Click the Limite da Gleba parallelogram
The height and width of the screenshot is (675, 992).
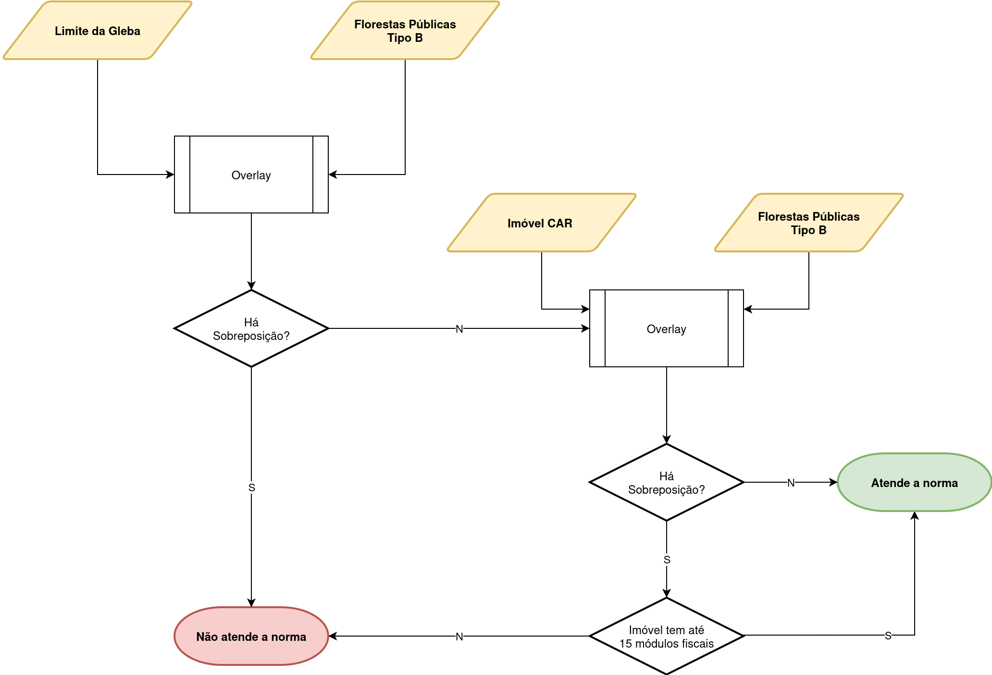[98, 31]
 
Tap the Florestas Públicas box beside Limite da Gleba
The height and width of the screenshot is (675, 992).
[405, 31]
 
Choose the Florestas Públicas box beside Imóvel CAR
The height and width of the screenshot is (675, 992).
[809, 223]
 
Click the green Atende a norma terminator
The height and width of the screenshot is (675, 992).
[914, 483]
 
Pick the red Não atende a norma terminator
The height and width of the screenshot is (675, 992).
[251, 637]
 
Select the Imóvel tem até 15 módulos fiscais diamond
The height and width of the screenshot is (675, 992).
[667, 636]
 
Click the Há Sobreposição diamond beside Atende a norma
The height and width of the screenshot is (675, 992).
[667, 482]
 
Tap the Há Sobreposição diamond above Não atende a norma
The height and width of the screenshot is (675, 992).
[251, 328]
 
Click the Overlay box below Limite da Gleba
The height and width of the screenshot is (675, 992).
[251, 175]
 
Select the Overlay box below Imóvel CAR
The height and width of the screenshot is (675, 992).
[667, 328]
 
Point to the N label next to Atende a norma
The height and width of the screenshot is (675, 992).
[791, 483]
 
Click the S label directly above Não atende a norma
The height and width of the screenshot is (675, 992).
[252, 487]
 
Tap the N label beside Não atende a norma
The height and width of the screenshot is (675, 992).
[459, 637]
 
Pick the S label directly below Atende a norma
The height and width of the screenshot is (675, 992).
[888, 636]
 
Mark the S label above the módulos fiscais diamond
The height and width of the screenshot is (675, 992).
[667, 560]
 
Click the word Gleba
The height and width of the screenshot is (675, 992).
[124, 31]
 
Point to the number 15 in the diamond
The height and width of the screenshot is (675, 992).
[625, 644]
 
